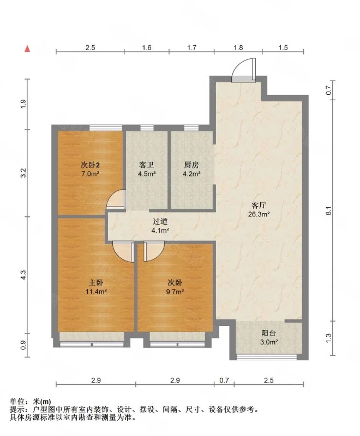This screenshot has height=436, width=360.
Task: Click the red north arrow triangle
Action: click(27, 49)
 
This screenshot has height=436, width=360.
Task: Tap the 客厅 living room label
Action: click(259, 205)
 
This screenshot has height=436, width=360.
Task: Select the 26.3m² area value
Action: click(259, 214)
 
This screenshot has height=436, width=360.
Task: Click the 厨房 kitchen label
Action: click(191, 165)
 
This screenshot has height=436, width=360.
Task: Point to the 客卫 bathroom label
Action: click(147, 165)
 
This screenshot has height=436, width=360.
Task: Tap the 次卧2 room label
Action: click(91, 165)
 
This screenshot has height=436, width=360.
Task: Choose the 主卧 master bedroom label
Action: click(96, 283)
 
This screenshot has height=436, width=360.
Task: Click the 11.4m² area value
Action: click(96, 292)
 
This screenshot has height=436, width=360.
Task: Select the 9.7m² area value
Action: click(175, 292)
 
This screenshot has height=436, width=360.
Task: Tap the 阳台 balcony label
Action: click(268, 333)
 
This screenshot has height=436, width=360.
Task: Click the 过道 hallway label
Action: click(160, 222)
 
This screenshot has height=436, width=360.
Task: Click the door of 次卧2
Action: click(116, 199)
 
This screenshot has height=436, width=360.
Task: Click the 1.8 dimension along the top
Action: click(238, 47)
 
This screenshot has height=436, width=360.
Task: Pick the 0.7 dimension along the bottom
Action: click(224, 380)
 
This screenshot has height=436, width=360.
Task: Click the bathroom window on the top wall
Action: click(147, 128)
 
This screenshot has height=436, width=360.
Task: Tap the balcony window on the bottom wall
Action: click(267, 357)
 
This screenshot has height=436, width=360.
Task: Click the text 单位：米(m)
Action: click(31, 402)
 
